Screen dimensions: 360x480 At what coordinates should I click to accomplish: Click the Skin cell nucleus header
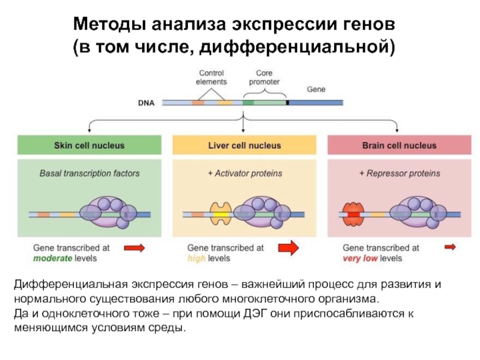pyautogui.click(x=89, y=146)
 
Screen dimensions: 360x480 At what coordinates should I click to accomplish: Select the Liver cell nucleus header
pyautogui.click(x=244, y=146)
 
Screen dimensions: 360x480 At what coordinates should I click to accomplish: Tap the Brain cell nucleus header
pyautogui.click(x=399, y=146)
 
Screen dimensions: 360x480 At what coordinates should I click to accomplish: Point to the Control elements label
pyautogui.click(x=211, y=77)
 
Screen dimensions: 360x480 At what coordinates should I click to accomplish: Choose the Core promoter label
pyautogui.click(x=263, y=77)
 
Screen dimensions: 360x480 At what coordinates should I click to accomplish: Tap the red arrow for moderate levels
pyautogui.click(x=134, y=247)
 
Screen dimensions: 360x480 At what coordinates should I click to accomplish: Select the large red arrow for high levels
pyautogui.click(x=289, y=247)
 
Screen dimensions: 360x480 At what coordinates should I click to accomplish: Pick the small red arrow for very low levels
pyautogui.click(x=449, y=247)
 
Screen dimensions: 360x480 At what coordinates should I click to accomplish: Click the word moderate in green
pyautogui.click(x=52, y=258)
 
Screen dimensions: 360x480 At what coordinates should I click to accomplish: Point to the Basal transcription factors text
pyautogui.click(x=89, y=173)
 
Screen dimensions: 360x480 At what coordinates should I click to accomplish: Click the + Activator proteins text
pyautogui.click(x=245, y=173)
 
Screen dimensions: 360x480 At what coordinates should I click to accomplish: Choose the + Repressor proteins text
pyautogui.click(x=400, y=173)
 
